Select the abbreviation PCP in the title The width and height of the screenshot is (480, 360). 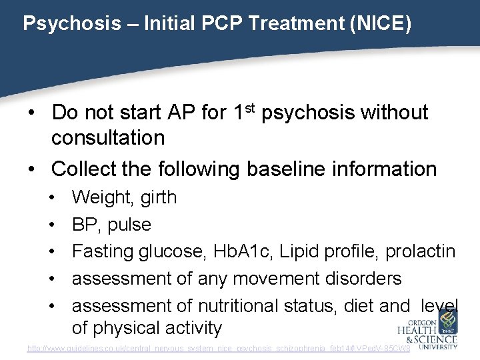click(x=211, y=24)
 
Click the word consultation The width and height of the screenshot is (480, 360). click(x=108, y=138)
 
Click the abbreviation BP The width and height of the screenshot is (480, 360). click(x=85, y=225)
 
